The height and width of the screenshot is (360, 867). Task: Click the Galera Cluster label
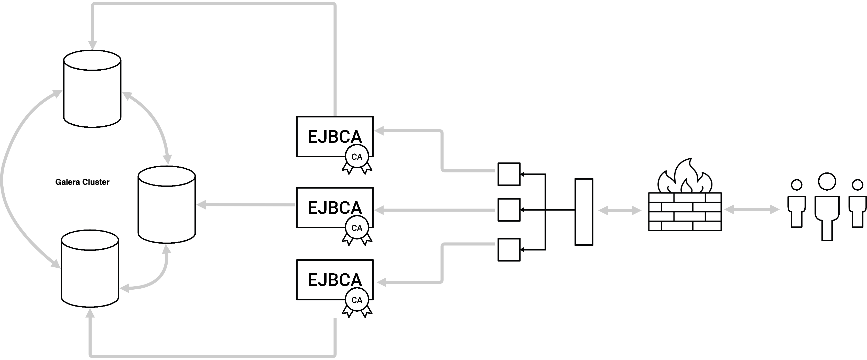pos(82,182)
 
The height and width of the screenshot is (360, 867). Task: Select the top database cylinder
pos(92,89)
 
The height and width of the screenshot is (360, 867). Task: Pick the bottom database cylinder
pos(90,269)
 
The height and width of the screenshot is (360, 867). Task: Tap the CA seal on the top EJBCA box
pos(357,157)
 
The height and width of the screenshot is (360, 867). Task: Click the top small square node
pos(509,174)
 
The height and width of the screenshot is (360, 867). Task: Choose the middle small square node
pos(509,210)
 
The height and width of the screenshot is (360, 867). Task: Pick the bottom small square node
pos(509,250)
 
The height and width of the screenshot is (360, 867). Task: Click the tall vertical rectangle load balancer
pos(584,212)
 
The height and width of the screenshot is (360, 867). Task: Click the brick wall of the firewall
pos(685,212)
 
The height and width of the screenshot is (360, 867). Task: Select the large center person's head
pos(827,181)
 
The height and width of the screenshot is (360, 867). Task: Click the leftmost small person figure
pos(796,205)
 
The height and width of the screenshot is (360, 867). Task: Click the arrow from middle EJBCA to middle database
pos(246,204)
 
